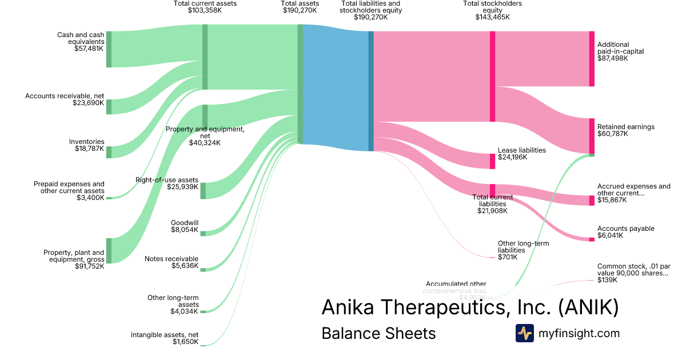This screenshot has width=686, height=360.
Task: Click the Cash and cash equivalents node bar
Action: [x=109, y=49]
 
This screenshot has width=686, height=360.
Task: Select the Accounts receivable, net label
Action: [x=65, y=96]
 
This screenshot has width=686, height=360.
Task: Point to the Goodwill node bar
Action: [x=202, y=233]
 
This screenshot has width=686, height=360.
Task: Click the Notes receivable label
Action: [x=171, y=259]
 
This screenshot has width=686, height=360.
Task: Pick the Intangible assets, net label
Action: [x=165, y=335]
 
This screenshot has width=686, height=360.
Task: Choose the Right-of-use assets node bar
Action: [x=203, y=190]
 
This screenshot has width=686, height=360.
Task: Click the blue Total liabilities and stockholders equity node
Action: [x=371, y=91]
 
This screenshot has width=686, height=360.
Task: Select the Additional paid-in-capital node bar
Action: [x=592, y=59]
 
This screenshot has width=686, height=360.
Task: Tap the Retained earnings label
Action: [x=626, y=127]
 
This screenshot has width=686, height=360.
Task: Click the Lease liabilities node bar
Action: [x=492, y=161]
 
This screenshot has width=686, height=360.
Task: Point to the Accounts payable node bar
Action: [x=592, y=239]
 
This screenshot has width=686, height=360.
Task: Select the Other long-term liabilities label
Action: [x=523, y=247]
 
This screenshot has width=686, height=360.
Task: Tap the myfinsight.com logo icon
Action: [x=524, y=333]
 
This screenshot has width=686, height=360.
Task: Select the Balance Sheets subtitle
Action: [x=378, y=333]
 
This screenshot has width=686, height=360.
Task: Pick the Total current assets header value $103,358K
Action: [x=205, y=10]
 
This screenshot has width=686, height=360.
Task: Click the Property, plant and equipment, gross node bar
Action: [x=109, y=251]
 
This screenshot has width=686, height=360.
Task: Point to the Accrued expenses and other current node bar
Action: [x=592, y=201]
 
